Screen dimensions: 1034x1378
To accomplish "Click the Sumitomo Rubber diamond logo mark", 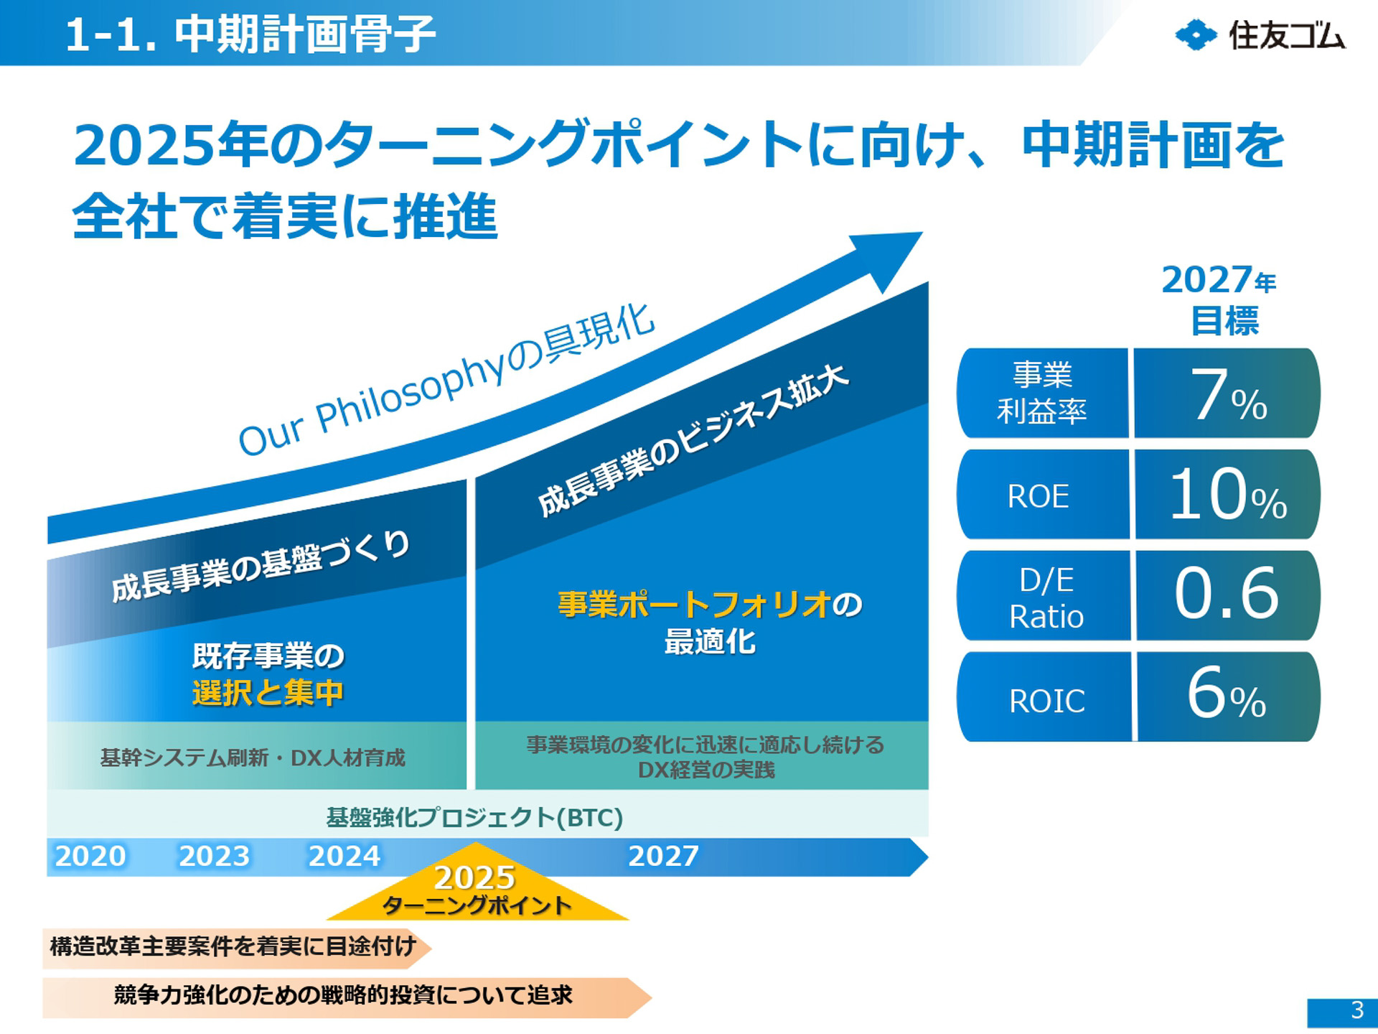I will [x=1196, y=34].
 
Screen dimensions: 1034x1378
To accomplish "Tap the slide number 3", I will [x=1356, y=1010].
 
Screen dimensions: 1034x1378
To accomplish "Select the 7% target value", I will [x=1228, y=394].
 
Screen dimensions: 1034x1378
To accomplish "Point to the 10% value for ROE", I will [x=1228, y=495].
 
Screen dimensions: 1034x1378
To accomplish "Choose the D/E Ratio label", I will [x=1046, y=597].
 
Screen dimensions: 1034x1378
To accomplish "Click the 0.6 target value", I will [x=1227, y=595].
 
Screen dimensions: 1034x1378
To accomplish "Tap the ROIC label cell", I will [x=1046, y=700].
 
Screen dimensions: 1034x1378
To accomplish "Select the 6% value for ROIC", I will [x=1227, y=695].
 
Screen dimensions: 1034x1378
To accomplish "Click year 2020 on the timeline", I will [x=90, y=856].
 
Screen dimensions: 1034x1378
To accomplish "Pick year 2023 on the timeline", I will [x=214, y=856].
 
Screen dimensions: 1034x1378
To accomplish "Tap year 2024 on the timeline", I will [x=344, y=856].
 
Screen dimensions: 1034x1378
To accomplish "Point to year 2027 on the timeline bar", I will [x=663, y=856].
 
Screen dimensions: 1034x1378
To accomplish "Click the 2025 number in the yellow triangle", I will [x=475, y=877].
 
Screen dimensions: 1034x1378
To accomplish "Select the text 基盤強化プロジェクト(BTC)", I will [x=474, y=817].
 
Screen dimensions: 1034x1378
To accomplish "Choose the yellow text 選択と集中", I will [x=268, y=693].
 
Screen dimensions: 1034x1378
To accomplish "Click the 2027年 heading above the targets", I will [x=1219, y=280].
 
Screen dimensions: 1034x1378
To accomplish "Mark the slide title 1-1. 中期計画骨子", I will [x=250, y=34].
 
